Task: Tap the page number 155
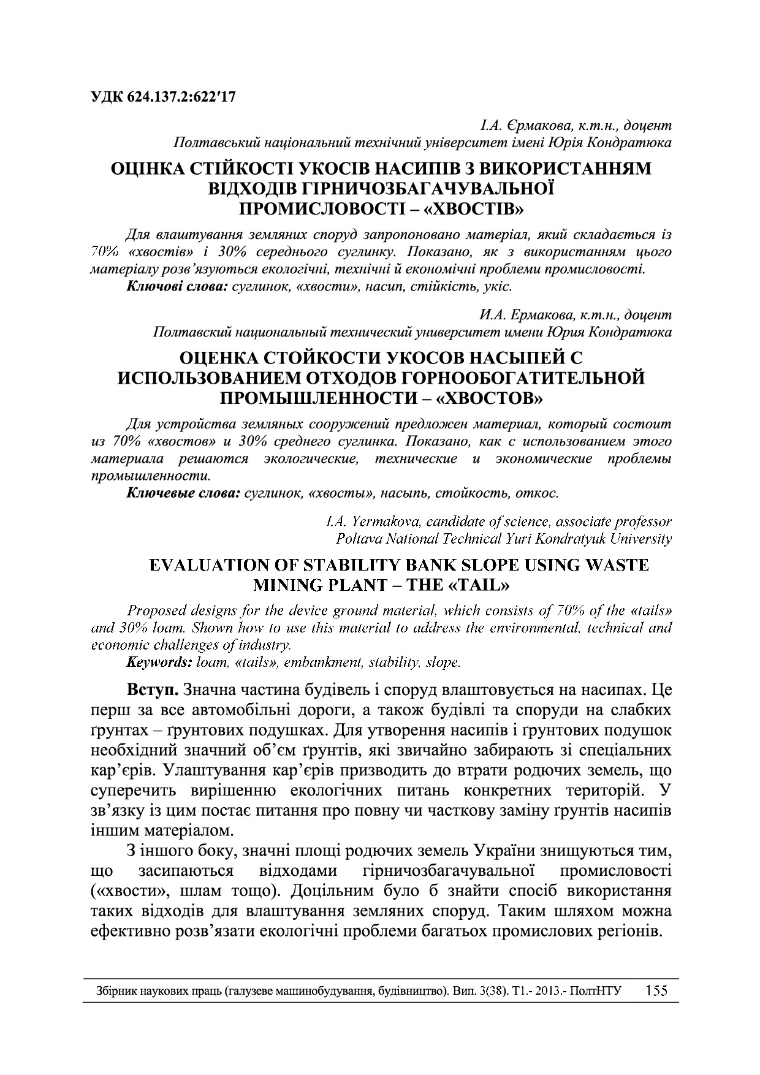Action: point(657,991)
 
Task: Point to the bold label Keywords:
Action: point(159,662)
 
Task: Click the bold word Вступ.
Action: point(152,691)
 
